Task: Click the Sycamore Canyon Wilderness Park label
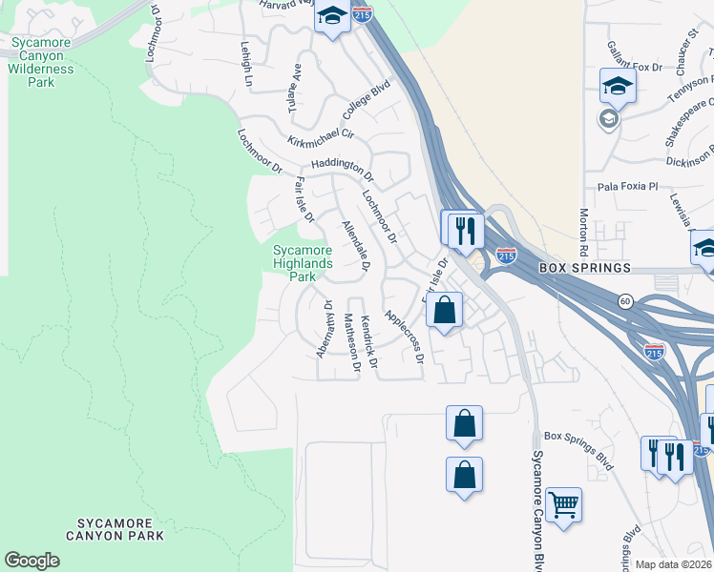(42, 62)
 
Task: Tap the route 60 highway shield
(623, 299)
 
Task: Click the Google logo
(31, 561)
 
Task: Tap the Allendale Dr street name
(355, 245)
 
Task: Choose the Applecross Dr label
(403, 336)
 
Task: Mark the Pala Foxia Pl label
(628, 187)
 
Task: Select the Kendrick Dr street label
(368, 338)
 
